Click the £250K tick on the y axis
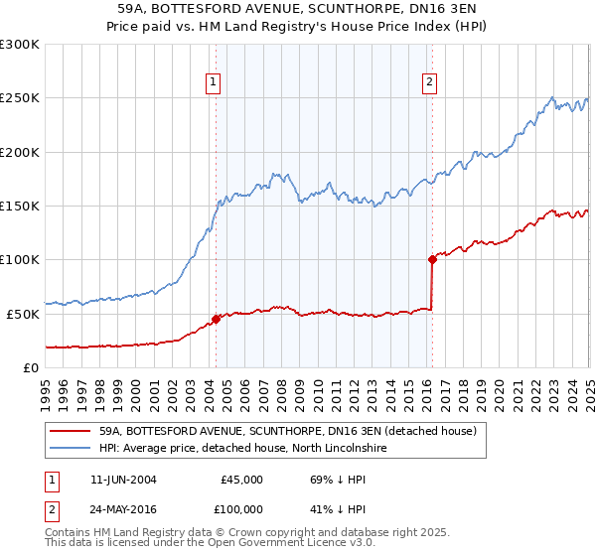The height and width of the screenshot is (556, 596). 21,98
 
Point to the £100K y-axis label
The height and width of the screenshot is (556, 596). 21,259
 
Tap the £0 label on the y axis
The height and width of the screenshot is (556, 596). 30,367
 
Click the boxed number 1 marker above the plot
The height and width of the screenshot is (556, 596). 215,82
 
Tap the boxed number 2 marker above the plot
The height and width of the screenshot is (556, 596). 430,82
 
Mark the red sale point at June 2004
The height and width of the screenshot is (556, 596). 216,320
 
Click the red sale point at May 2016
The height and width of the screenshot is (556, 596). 432,260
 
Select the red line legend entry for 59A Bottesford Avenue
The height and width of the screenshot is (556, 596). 288,431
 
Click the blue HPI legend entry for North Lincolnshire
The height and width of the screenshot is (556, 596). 243,449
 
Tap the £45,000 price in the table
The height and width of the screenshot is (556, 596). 241,479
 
